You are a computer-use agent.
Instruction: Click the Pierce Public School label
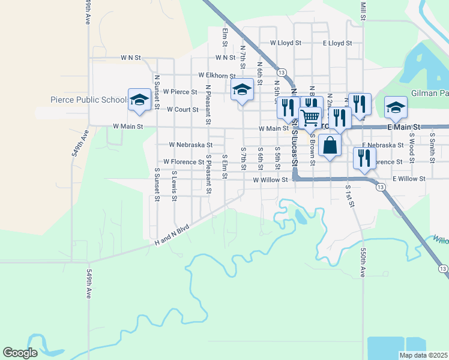[x=88, y=100]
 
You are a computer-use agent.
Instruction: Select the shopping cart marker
[x=310, y=118]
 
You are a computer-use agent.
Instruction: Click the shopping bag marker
[x=330, y=145]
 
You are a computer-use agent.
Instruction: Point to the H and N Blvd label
[x=172, y=235]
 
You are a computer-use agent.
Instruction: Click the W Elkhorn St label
[x=217, y=76]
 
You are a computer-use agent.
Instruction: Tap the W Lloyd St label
[x=285, y=43]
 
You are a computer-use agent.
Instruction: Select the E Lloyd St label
[x=337, y=43]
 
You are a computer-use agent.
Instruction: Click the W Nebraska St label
[x=190, y=145]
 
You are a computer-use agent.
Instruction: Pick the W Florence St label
[x=184, y=162]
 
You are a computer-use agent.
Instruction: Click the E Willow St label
[x=409, y=179]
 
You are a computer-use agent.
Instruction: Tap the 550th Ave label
[x=363, y=263]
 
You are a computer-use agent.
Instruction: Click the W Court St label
[x=182, y=110]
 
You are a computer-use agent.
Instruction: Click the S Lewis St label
[x=174, y=182]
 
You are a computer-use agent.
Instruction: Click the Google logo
[x=20, y=353]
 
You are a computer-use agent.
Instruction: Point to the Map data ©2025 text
[x=423, y=355]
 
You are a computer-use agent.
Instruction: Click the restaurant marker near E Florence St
[x=364, y=157]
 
